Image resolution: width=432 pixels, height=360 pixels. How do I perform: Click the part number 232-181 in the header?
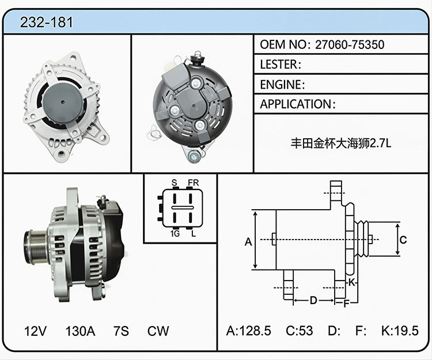pyautogui.click(x=46, y=22)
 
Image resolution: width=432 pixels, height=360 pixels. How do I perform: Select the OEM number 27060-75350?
pyautogui.click(x=350, y=44)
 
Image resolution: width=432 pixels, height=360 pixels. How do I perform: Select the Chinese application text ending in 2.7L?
pyautogui.click(x=341, y=143)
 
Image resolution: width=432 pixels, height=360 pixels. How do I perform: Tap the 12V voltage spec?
pyautogui.click(x=35, y=331)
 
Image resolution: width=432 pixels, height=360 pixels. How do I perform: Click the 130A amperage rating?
pyautogui.click(x=80, y=331)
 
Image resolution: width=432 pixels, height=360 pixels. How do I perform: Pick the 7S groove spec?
pyautogui.click(x=121, y=331)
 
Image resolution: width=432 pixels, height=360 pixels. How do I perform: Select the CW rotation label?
pyautogui.click(x=158, y=331)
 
